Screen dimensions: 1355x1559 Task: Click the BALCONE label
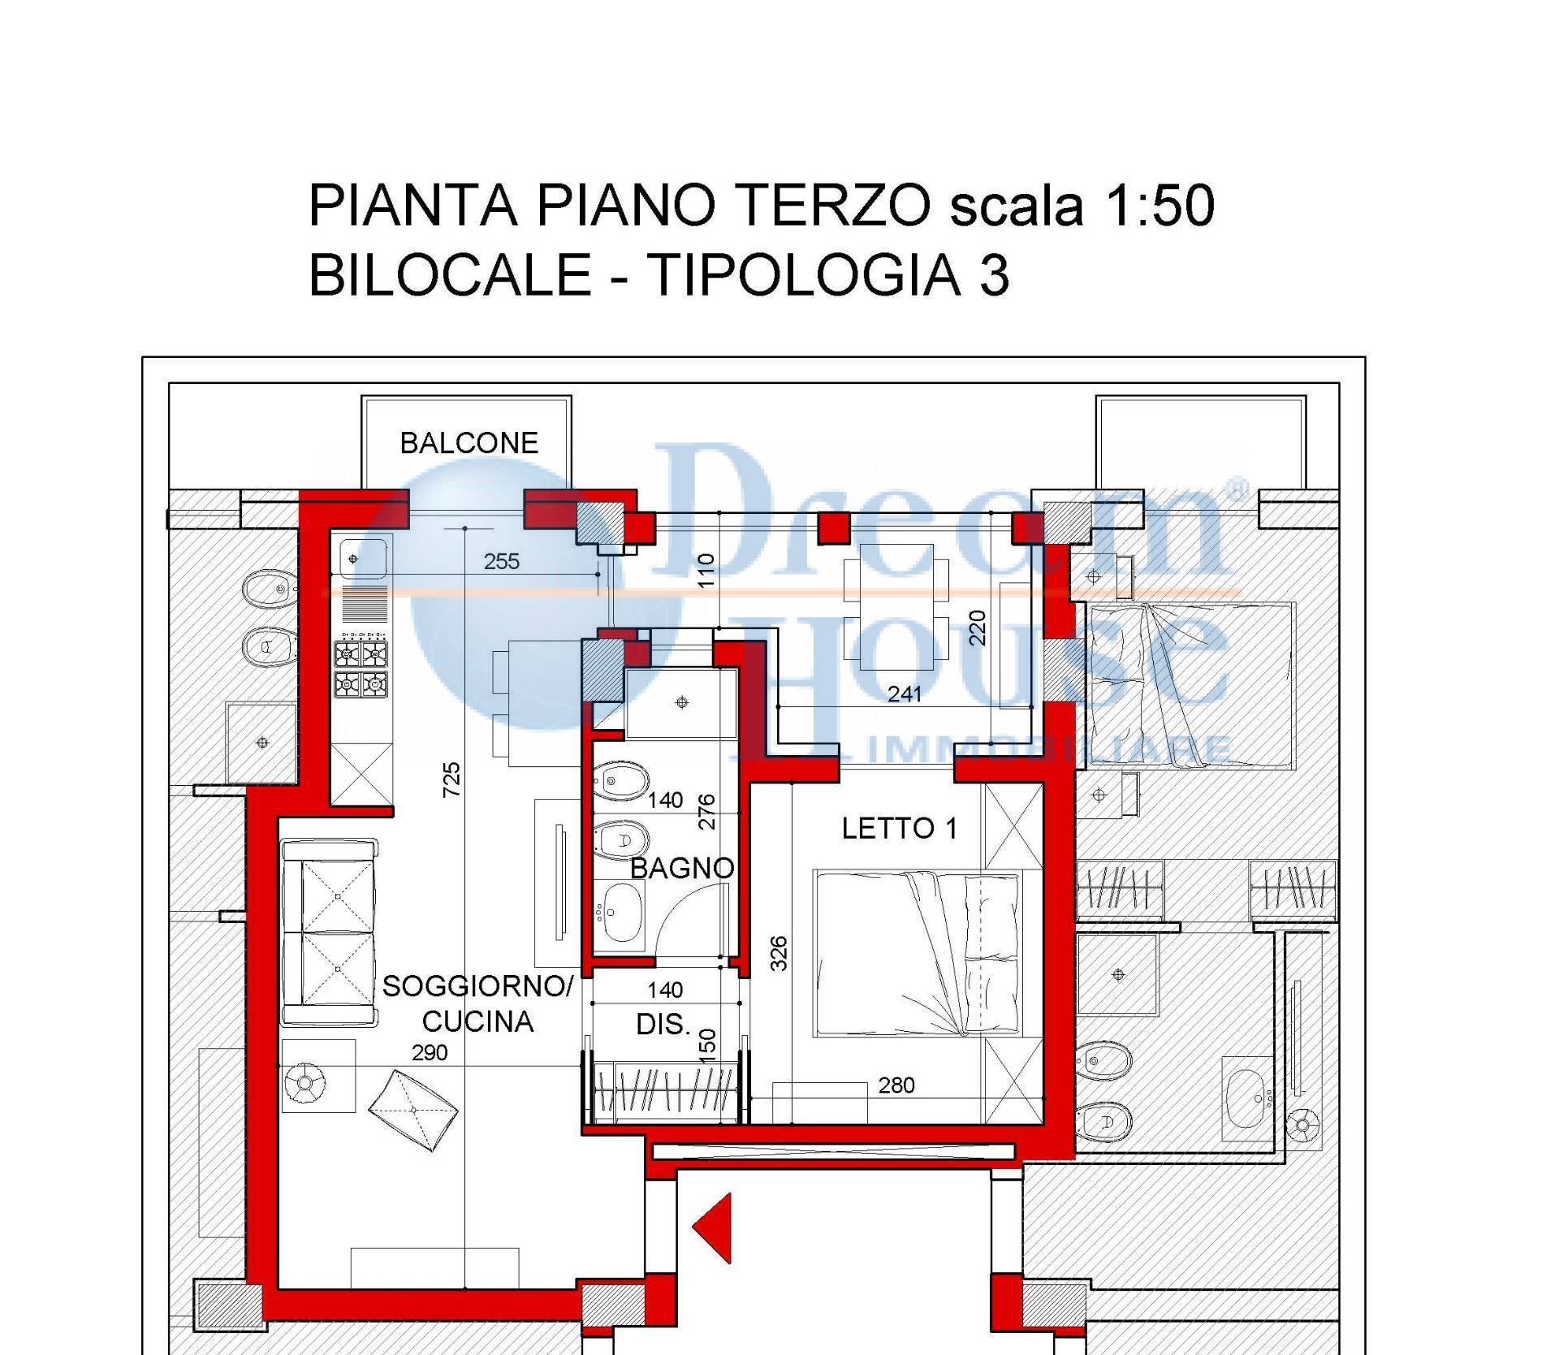[x=469, y=442]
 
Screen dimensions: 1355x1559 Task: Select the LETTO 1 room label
[x=899, y=828]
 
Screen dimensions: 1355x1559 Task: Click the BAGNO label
[x=682, y=868]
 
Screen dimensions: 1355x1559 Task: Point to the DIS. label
[x=663, y=1025]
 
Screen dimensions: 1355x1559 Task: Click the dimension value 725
[x=451, y=779]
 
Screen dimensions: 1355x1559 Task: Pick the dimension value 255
[x=501, y=561]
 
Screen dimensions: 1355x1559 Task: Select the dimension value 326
[x=778, y=953]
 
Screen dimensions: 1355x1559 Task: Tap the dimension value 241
[x=904, y=693]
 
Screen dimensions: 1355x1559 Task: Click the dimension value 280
[x=896, y=1085]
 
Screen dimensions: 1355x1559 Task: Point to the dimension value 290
[x=430, y=1052]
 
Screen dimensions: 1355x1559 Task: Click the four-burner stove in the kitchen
[x=361, y=669]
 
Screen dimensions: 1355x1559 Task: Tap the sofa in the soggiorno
[x=329, y=932]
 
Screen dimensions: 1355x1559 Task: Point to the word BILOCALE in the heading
[x=450, y=274]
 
